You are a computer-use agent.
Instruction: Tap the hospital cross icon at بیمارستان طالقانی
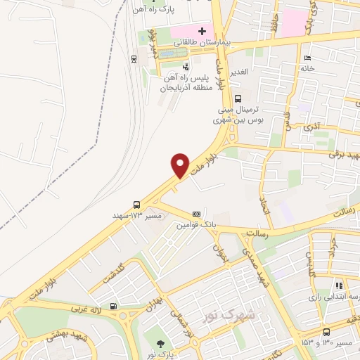202,31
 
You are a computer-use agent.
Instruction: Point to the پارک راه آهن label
156,9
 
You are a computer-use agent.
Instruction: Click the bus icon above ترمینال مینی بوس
238,99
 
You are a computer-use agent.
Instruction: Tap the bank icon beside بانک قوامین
196,213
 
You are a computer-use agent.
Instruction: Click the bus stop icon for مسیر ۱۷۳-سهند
136,205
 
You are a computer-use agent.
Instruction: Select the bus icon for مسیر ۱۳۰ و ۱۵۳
326,332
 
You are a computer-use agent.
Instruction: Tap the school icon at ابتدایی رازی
339,286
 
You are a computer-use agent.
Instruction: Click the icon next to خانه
306,57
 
